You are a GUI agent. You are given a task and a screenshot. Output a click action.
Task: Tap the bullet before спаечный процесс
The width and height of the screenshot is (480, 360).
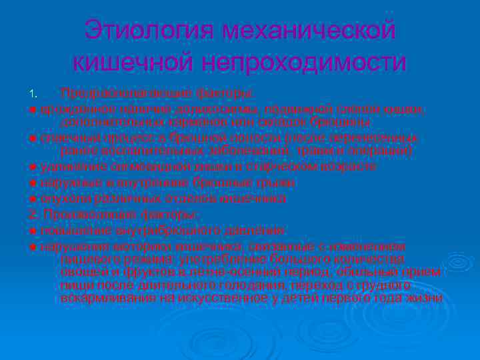32,138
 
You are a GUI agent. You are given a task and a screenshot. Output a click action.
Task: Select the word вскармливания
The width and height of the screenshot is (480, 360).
107,298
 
